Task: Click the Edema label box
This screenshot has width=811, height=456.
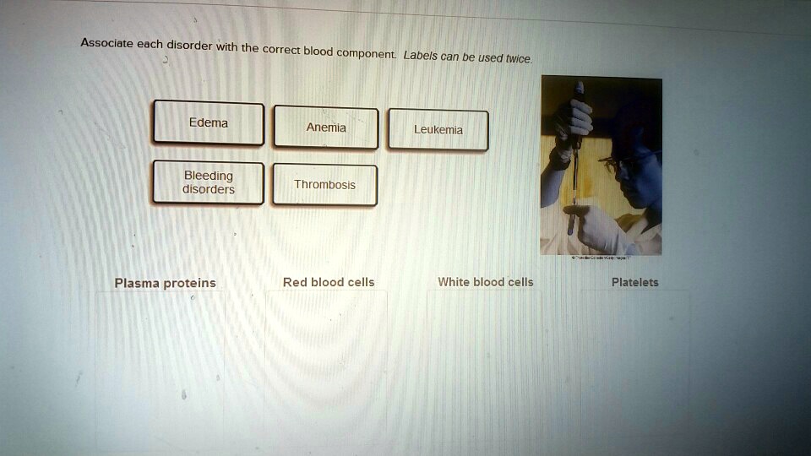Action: tap(208, 123)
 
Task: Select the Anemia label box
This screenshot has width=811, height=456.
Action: tap(325, 128)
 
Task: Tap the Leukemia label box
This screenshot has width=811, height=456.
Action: tap(438, 130)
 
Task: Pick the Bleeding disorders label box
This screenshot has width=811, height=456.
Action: tap(208, 182)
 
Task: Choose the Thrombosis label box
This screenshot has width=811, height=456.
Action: tap(324, 185)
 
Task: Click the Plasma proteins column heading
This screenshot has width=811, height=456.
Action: tap(165, 283)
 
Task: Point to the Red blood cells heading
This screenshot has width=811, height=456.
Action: tap(329, 282)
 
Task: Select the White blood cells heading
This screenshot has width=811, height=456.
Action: tap(486, 282)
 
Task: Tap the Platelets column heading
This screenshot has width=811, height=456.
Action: tap(634, 282)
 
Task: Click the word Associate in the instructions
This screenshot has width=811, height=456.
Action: tap(106, 42)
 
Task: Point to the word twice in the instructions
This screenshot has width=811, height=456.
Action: tap(518, 59)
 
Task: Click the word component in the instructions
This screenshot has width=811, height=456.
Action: tap(366, 53)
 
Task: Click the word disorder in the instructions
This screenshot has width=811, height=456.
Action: tap(189, 45)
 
